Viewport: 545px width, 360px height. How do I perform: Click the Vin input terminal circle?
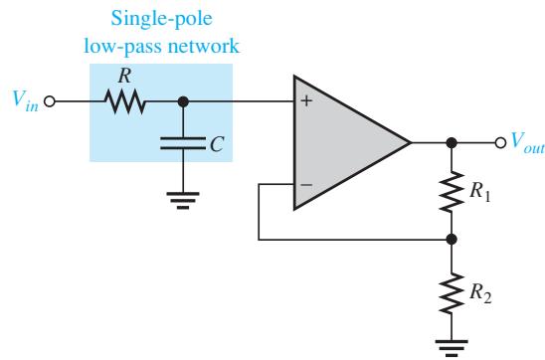click(50, 101)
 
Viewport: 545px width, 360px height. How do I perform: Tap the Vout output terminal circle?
click(500, 142)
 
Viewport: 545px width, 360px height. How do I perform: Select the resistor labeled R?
click(125, 101)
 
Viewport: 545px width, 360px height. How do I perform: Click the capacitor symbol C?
click(183, 143)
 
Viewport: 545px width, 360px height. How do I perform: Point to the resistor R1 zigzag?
click(452, 192)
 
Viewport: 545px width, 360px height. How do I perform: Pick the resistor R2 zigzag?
click(452, 293)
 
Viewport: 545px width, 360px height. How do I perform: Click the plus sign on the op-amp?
click(306, 101)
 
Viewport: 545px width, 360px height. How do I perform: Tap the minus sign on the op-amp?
click(306, 185)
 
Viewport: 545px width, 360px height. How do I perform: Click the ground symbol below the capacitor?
click(183, 201)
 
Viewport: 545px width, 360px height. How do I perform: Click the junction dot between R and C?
click(183, 101)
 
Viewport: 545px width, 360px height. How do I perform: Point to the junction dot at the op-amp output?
click(452, 142)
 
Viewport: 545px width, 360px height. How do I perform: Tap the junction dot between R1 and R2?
click(452, 239)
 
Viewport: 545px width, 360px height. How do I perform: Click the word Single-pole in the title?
click(162, 19)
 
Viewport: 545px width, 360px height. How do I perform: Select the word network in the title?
click(204, 46)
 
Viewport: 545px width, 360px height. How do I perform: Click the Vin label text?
click(25, 101)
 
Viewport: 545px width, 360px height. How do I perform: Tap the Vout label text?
click(527, 142)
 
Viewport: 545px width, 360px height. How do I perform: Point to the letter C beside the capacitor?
click(217, 144)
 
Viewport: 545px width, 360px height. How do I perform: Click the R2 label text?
click(480, 294)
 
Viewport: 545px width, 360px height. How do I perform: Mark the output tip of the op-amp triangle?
click(411, 142)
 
